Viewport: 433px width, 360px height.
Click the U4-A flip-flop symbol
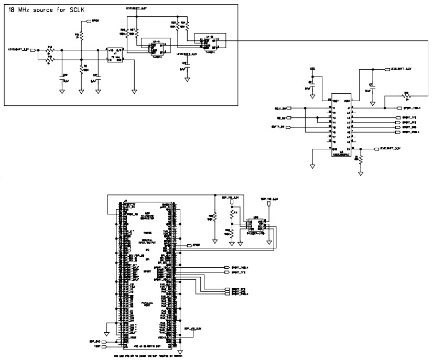156,47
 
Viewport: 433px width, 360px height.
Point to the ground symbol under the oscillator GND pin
134,91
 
